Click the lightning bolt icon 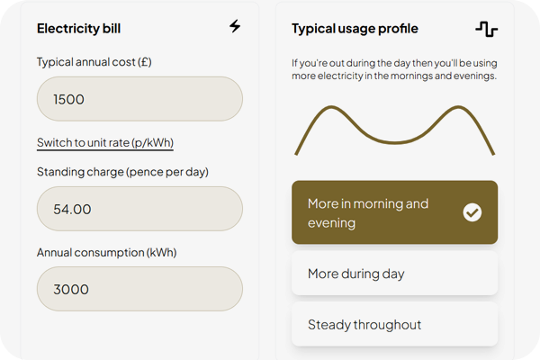click(x=235, y=26)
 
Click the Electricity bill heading click(x=78, y=29)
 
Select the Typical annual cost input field click(x=139, y=99)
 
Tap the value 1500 click(x=68, y=100)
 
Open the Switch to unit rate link click(x=105, y=142)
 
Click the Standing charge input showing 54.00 click(x=139, y=209)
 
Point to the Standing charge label click(x=122, y=172)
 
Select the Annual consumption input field click(x=139, y=289)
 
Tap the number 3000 click(x=71, y=290)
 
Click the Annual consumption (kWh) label click(x=107, y=253)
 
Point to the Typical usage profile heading click(x=355, y=29)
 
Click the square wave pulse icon click(x=486, y=29)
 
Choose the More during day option click(x=395, y=274)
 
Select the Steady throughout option click(x=395, y=325)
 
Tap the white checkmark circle click(x=472, y=212)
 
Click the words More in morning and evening click(x=368, y=213)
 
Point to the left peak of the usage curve click(x=331, y=107)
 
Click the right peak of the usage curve click(x=458, y=107)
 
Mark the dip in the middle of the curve click(x=395, y=142)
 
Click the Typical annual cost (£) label click(x=94, y=62)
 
